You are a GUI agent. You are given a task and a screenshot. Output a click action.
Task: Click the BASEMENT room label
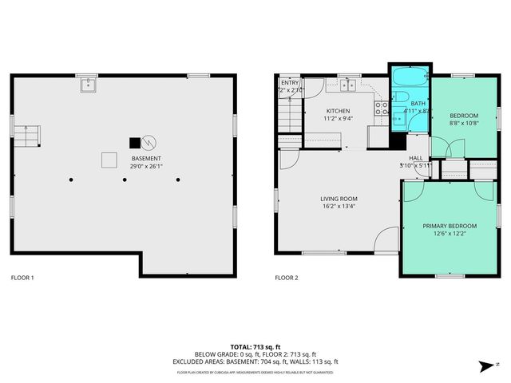tap(146, 159)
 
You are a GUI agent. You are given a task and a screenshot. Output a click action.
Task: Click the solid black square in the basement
tap(134, 143)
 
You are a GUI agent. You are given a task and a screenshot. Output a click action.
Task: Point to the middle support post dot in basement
tap(125, 180)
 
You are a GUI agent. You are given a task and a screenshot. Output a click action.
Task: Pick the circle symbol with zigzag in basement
tap(149, 143)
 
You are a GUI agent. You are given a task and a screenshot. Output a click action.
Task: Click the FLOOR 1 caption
tap(22, 278)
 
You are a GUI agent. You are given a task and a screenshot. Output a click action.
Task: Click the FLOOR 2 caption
tap(286, 278)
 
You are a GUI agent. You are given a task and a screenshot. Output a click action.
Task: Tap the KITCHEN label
tap(339, 111)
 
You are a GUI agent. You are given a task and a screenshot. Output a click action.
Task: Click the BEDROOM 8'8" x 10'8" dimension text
tap(464, 123)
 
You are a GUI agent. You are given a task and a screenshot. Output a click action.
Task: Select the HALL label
tap(416, 159)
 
